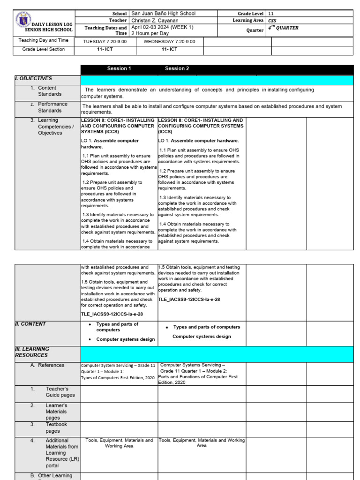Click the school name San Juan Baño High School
[x=163, y=14]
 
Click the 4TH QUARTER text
[x=283, y=28]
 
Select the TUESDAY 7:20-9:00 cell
[x=105, y=41]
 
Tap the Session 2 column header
[x=177, y=69]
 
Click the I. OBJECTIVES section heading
[x=33, y=79]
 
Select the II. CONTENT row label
[x=31, y=324]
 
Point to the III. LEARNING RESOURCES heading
[x=32, y=352]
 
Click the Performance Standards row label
[x=52, y=107]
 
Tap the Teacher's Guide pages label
[x=57, y=392]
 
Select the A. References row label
[x=47, y=365]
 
